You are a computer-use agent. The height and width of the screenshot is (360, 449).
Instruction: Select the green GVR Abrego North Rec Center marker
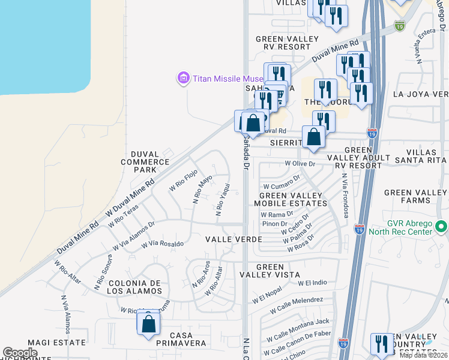click(x=442, y=227)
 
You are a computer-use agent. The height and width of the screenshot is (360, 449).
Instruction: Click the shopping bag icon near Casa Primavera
click(x=148, y=325)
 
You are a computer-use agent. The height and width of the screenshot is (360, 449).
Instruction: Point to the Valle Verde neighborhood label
click(x=234, y=239)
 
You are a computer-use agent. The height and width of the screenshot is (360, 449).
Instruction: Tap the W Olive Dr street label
click(x=300, y=163)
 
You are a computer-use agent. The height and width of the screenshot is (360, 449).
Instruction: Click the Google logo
click(x=20, y=353)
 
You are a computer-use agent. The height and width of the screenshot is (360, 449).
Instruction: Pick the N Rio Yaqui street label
click(x=220, y=199)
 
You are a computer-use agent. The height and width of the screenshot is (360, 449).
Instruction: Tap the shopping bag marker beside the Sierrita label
click(x=313, y=137)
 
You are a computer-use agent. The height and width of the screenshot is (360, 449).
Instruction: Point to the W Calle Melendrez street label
click(x=297, y=305)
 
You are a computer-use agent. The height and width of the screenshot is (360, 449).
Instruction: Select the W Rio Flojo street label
click(x=183, y=180)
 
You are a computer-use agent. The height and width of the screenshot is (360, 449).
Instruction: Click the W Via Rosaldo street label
click(x=162, y=244)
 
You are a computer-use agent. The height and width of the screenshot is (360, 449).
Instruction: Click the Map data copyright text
click(x=424, y=355)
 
